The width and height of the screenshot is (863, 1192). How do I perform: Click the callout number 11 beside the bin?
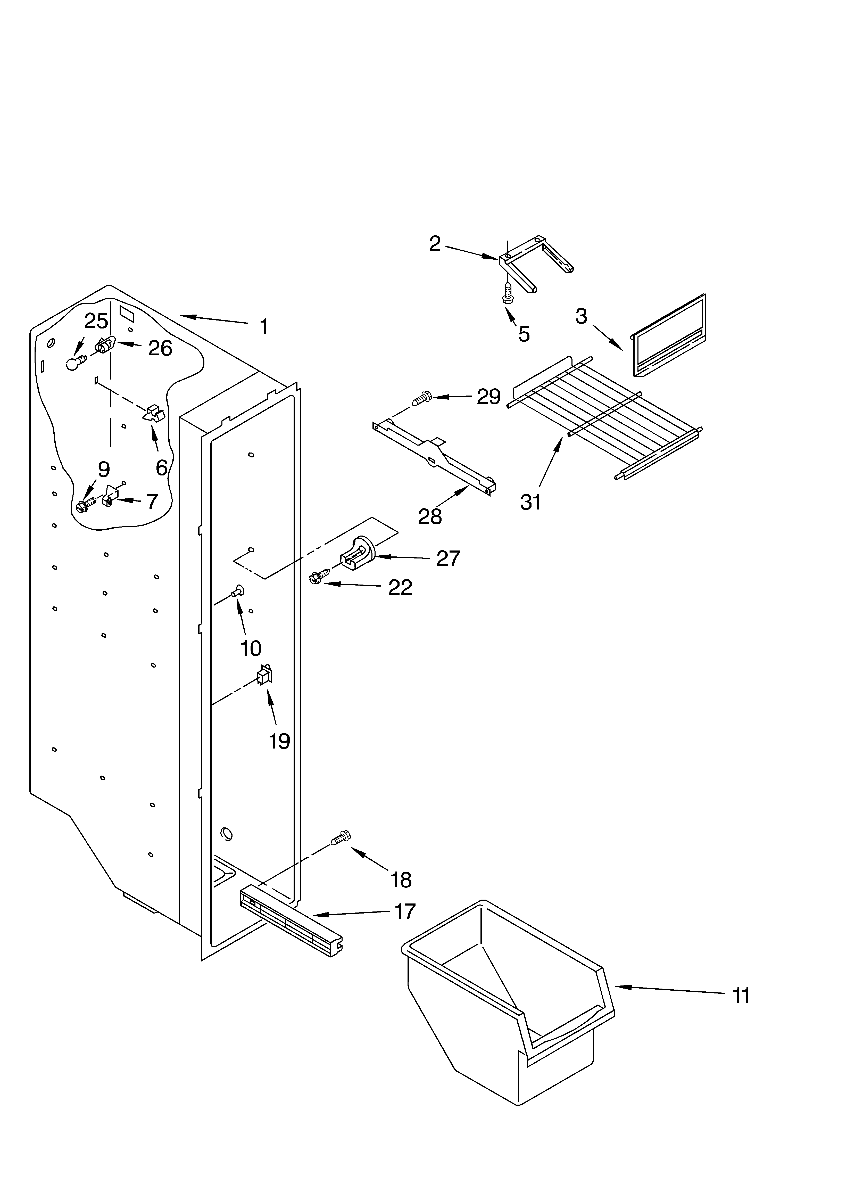tap(741, 996)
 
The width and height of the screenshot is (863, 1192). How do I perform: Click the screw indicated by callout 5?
tap(508, 292)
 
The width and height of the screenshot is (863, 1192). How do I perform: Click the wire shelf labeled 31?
tap(604, 415)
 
